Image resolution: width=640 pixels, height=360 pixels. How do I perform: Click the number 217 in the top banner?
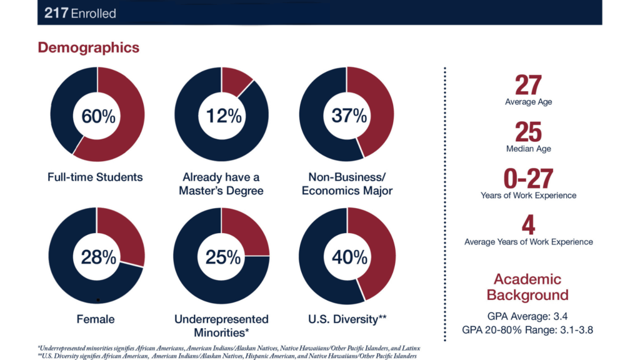56,13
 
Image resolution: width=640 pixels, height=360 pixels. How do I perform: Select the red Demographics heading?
88,47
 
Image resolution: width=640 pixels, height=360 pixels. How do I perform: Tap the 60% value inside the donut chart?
97,115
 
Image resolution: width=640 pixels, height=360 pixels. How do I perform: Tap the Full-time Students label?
95,177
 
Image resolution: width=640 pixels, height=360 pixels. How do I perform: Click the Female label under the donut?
96,319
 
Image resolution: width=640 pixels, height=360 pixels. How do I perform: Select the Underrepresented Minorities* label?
221,325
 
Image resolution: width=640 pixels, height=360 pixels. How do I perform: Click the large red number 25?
528,132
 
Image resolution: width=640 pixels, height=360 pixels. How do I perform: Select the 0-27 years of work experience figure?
528,179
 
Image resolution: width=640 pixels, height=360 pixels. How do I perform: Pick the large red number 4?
528,226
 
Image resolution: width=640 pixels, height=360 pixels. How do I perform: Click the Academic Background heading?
528,287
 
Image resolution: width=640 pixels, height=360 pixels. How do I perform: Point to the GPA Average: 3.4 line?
528,316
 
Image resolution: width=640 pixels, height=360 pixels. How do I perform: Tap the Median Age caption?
528,149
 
